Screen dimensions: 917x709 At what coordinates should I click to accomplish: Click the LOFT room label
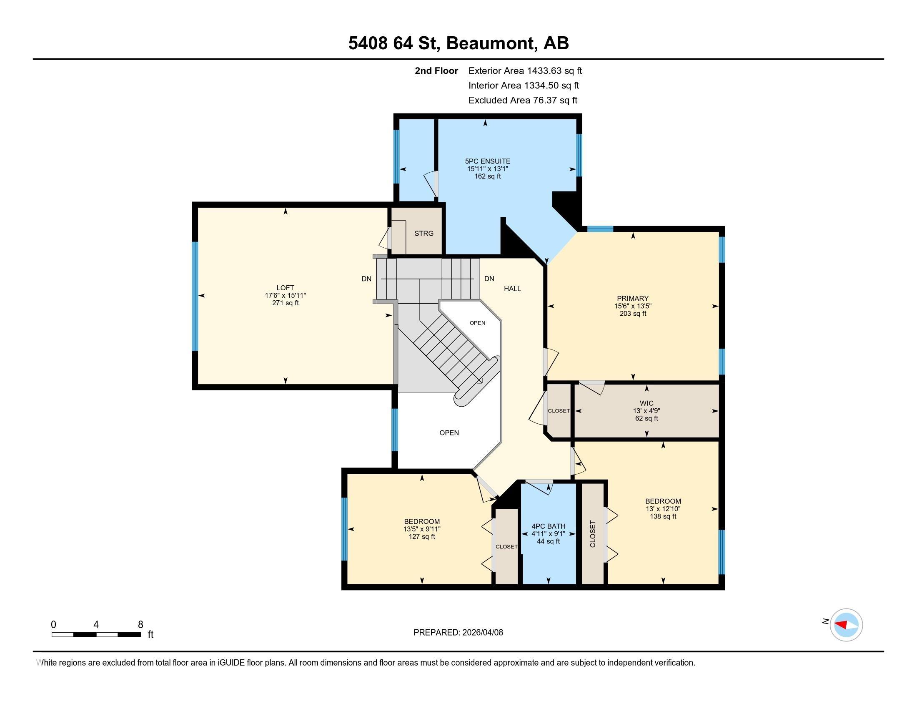(x=285, y=288)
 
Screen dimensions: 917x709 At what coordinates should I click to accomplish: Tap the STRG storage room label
(x=423, y=233)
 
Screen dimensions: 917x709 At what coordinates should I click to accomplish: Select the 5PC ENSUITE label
(x=488, y=161)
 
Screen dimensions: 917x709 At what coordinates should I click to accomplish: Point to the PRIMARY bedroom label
(x=633, y=298)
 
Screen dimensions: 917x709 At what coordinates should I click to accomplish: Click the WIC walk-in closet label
(x=646, y=403)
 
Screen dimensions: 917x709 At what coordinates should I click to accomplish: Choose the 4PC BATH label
(x=549, y=526)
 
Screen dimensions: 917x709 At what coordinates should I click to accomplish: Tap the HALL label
(x=512, y=289)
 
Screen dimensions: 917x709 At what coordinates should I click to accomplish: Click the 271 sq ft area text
(x=285, y=303)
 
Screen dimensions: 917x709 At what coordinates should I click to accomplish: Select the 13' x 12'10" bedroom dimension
(x=663, y=509)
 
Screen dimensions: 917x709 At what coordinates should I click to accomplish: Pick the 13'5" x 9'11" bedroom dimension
(x=422, y=529)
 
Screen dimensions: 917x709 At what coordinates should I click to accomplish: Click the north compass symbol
(x=846, y=625)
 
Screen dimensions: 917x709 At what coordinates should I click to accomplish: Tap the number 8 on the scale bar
(x=140, y=625)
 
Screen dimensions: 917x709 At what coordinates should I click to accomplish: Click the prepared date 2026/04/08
(x=482, y=632)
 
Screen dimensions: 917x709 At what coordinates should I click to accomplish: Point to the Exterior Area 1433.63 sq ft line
(x=525, y=70)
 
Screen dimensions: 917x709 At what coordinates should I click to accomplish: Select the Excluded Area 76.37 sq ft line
(x=523, y=100)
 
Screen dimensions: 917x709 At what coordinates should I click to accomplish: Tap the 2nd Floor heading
(x=436, y=70)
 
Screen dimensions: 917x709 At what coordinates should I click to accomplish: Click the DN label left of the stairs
(x=366, y=279)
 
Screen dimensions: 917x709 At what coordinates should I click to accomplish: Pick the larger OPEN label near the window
(x=449, y=432)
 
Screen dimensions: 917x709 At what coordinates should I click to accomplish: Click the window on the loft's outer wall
(x=195, y=296)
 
